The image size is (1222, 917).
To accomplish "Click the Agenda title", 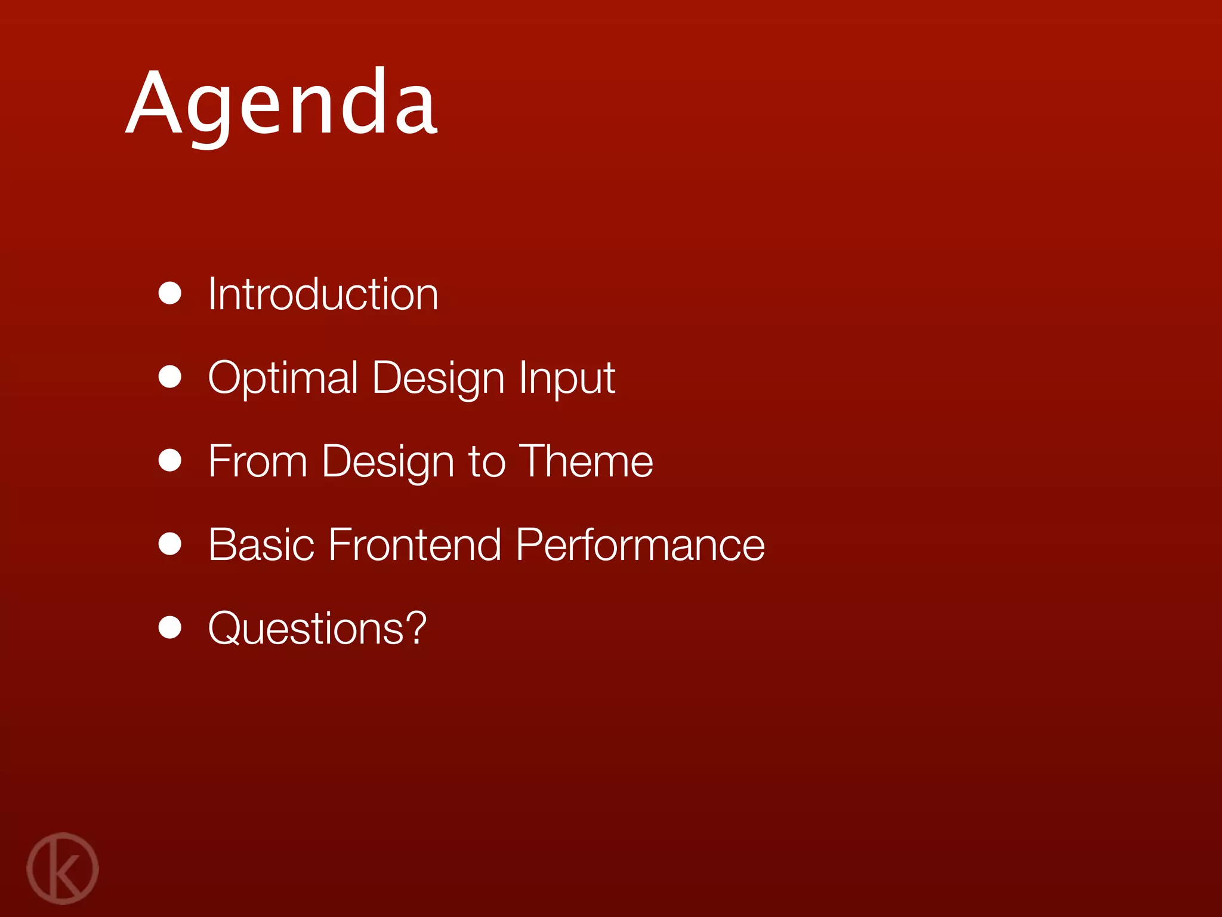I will (282, 104).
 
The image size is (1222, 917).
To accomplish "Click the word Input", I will (566, 378).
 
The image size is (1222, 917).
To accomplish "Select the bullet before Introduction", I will (170, 294).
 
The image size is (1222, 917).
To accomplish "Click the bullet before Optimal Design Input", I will (170, 377).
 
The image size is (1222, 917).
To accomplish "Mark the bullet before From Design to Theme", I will (170, 460).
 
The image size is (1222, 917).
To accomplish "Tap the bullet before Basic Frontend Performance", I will (170, 544).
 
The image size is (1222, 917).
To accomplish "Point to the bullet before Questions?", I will (170, 627).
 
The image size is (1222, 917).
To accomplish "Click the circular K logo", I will (63, 868).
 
